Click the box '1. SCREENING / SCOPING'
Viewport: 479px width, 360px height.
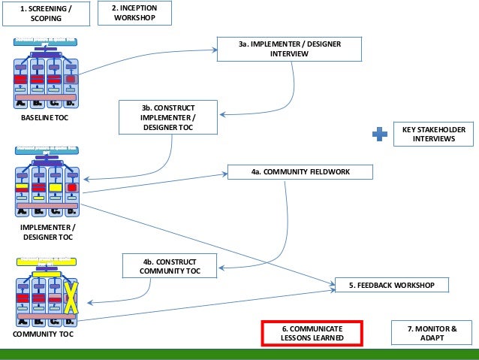47,13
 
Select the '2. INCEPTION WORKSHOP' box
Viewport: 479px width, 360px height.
134,13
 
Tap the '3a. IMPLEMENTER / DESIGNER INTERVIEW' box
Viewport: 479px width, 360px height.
289,49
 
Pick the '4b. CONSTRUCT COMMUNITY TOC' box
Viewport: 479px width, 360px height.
171,265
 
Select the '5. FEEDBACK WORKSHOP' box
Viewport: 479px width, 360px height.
391,286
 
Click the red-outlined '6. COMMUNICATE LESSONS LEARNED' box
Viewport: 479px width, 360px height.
312,334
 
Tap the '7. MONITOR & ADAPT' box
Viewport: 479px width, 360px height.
431,334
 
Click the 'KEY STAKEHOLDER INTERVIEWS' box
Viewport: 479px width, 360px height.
434,135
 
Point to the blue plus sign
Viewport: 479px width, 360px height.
381,135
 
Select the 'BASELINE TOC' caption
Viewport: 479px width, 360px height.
44,119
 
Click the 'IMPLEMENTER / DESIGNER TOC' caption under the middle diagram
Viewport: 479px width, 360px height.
47,231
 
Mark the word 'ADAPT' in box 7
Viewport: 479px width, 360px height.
431,339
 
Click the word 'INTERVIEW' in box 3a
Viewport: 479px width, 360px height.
289,54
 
